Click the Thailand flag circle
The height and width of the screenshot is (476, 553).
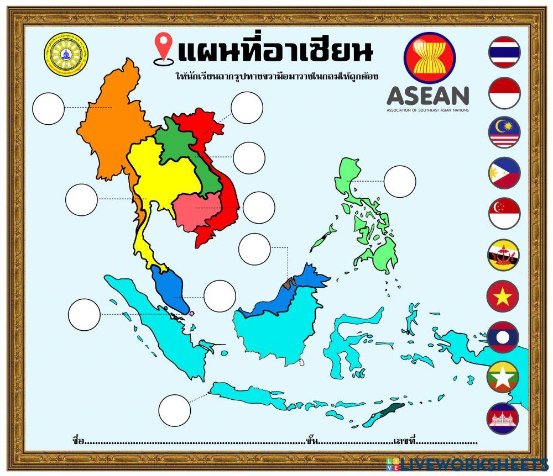pos(504,52)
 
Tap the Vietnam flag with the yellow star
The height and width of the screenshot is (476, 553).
pos(503,296)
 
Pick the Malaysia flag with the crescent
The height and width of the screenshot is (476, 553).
pos(504,133)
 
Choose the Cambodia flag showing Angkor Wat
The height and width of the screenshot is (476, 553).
pos(503,418)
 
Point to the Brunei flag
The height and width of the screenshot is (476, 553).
pos(503,255)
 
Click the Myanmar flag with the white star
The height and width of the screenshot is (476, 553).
pos(503,378)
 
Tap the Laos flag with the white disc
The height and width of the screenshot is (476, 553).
pos(503,337)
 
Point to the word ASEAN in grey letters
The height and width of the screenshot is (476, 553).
pos(428,96)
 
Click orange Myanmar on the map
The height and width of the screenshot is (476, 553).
pos(111,127)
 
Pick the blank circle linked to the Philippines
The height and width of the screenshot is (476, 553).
pos(400,181)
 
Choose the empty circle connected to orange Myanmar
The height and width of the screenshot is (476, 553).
pos(49,108)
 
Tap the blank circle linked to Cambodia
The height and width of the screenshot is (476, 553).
pos(258,208)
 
